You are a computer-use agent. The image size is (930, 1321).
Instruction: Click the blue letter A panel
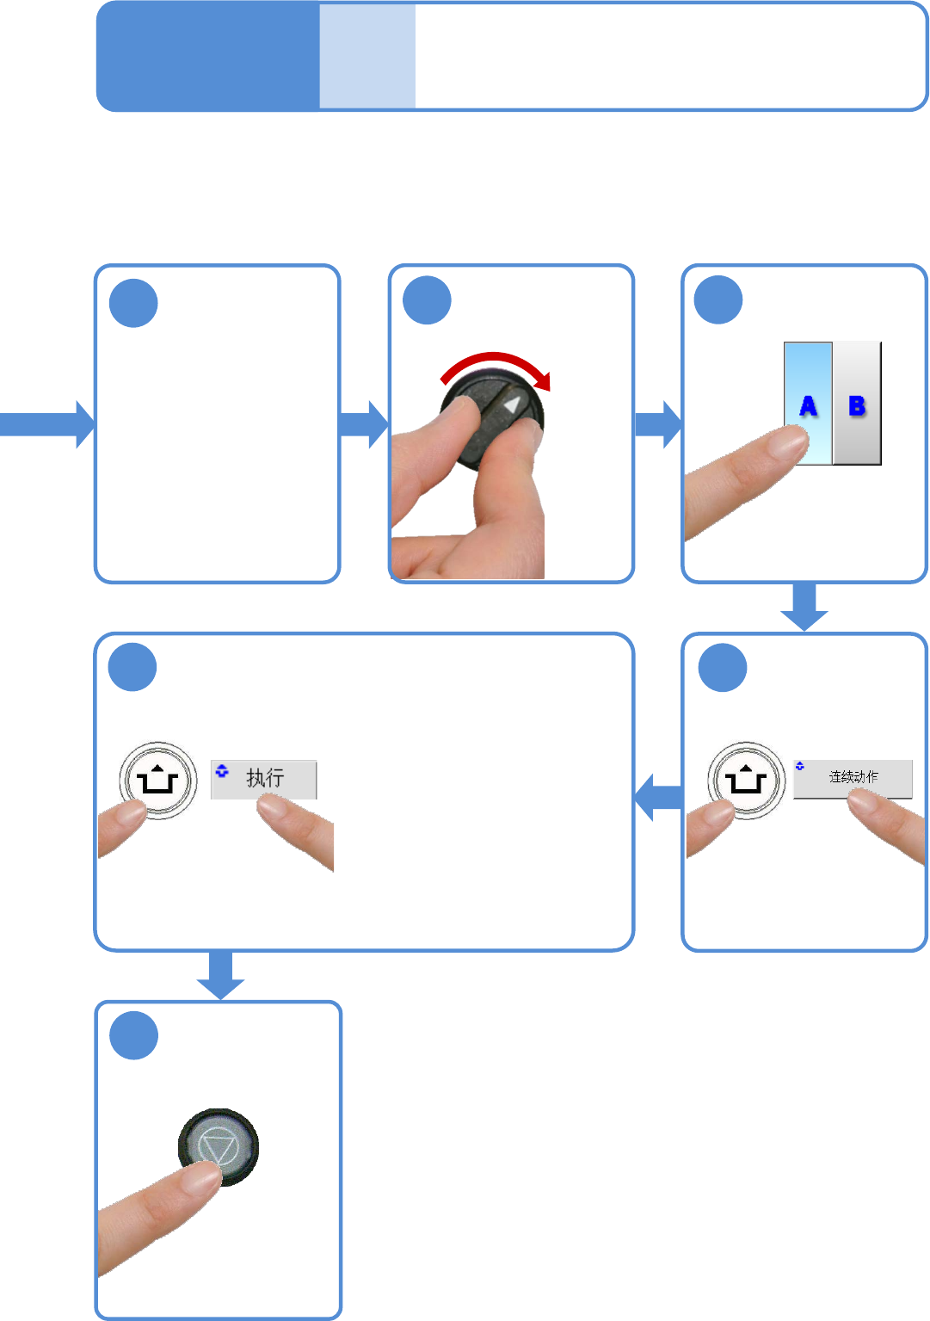click(808, 387)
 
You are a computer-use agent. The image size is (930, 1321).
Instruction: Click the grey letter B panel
click(858, 403)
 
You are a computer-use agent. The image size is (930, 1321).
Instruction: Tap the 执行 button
click(264, 778)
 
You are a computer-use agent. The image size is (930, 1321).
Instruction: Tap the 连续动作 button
click(853, 777)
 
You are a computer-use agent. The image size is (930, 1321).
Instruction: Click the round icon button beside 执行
click(157, 780)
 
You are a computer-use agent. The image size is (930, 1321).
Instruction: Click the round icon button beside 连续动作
click(746, 780)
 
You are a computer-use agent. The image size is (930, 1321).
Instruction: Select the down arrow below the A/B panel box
click(804, 607)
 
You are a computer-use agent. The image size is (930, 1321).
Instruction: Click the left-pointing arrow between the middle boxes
click(658, 797)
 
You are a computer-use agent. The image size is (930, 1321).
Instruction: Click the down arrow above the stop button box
click(220, 975)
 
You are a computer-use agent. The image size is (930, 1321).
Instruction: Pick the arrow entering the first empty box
click(47, 424)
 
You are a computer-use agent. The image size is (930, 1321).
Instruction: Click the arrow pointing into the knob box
click(364, 424)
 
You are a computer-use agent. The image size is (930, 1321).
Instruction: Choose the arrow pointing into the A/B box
click(658, 424)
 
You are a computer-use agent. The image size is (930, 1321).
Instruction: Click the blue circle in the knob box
click(427, 301)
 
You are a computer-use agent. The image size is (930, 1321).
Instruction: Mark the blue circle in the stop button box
click(134, 1036)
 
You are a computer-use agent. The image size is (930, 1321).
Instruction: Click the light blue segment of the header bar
click(367, 57)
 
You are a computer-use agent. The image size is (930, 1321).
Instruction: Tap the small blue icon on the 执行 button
click(222, 770)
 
